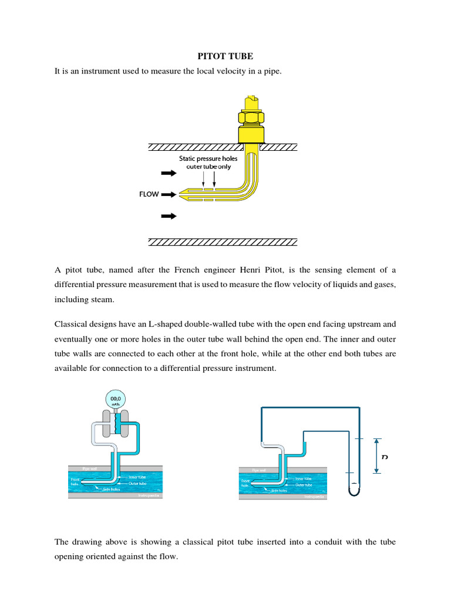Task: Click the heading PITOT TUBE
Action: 225,56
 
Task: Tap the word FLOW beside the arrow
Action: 149,194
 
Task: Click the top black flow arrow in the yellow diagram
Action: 169,173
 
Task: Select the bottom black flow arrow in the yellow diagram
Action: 169,216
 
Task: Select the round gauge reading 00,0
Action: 115,400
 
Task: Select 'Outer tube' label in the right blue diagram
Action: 304,485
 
